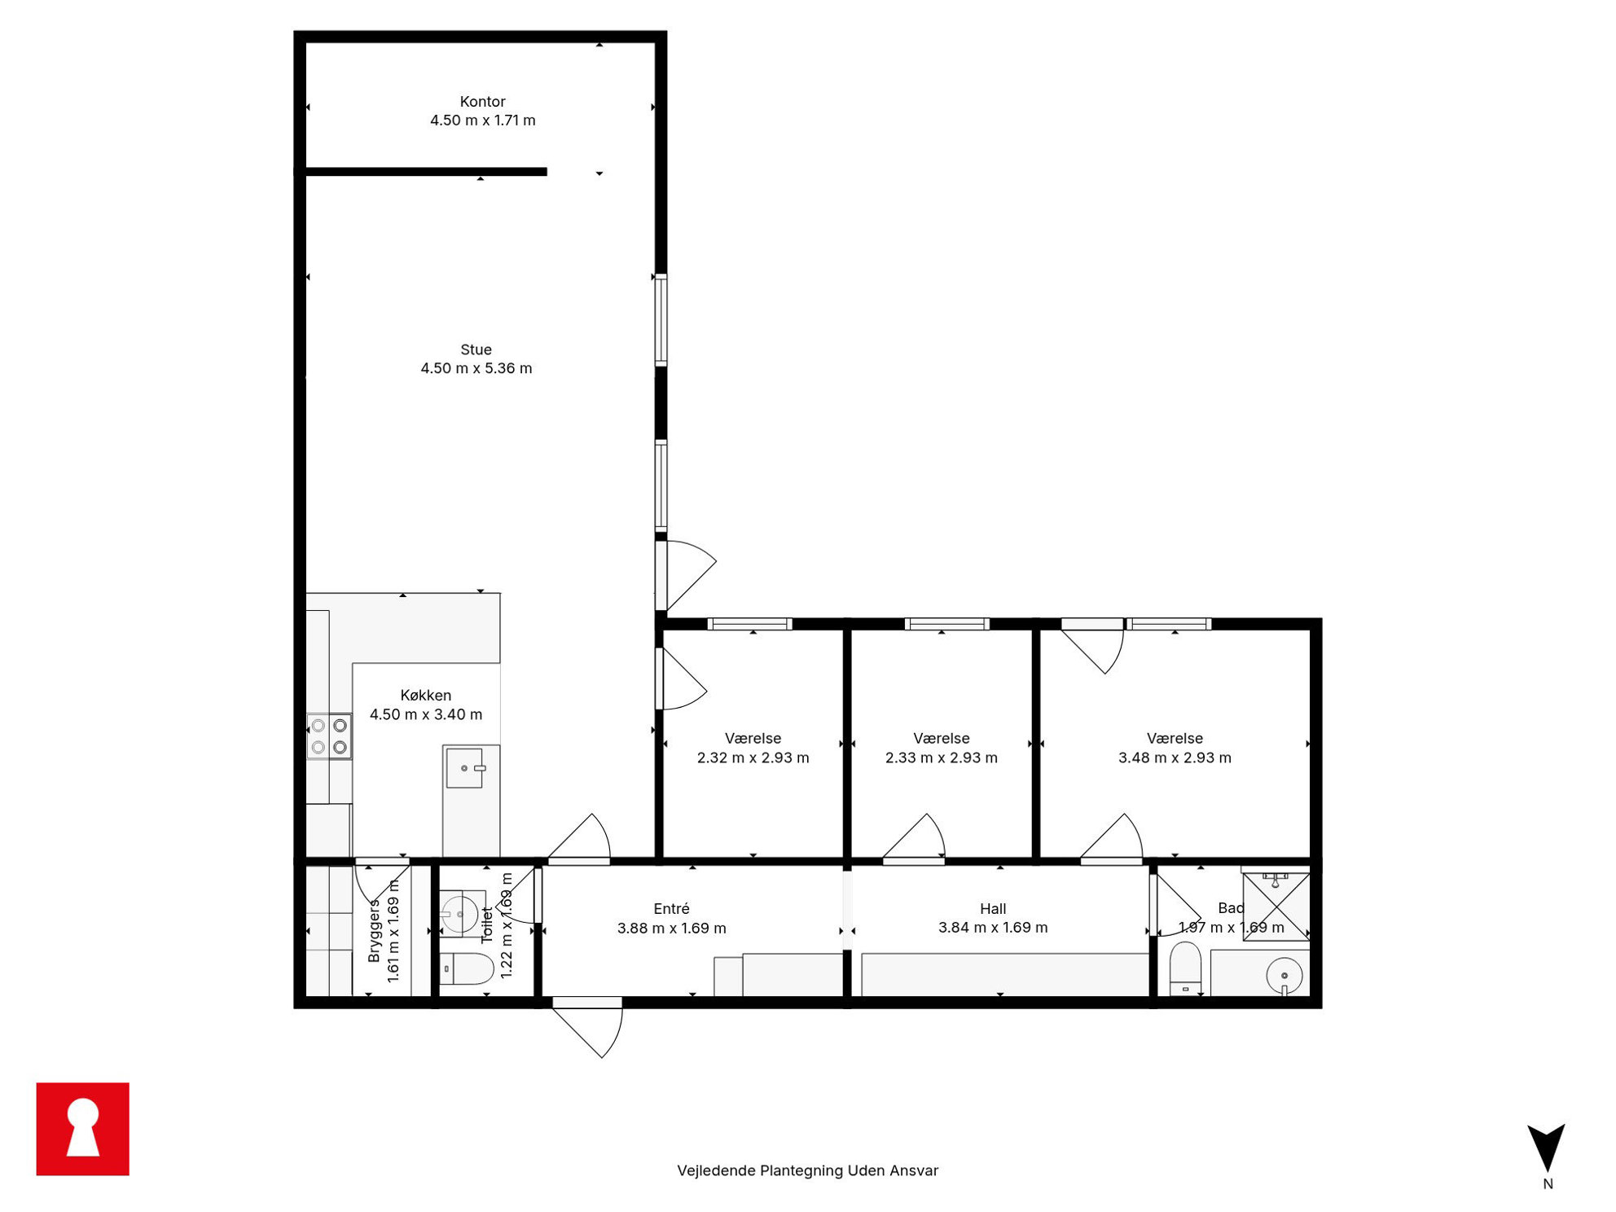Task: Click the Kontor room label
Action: pyautogui.click(x=482, y=102)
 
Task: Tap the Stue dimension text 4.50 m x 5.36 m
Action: pyautogui.click(x=476, y=368)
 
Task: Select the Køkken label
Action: pyautogui.click(x=426, y=696)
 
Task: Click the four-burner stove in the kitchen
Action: pyautogui.click(x=329, y=736)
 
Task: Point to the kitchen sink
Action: pyautogui.click(x=465, y=768)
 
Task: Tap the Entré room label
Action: pyautogui.click(x=671, y=909)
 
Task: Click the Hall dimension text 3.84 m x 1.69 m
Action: pyautogui.click(x=993, y=928)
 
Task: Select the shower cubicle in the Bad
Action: pyautogui.click(x=1276, y=907)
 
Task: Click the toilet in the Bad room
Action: pyautogui.click(x=1185, y=968)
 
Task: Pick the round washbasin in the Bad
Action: pyautogui.click(x=1284, y=975)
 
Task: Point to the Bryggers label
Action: pyautogui.click(x=374, y=931)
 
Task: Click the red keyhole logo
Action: pyautogui.click(x=83, y=1129)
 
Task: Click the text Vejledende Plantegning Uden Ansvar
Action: pyautogui.click(x=807, y=1170)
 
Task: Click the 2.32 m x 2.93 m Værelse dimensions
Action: pyautogui.click(x=753, y=757)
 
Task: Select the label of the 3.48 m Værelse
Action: pyautogui.click(x=1175, y=739)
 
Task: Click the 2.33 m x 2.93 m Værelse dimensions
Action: pyautogui.click(x=942, y=757)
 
